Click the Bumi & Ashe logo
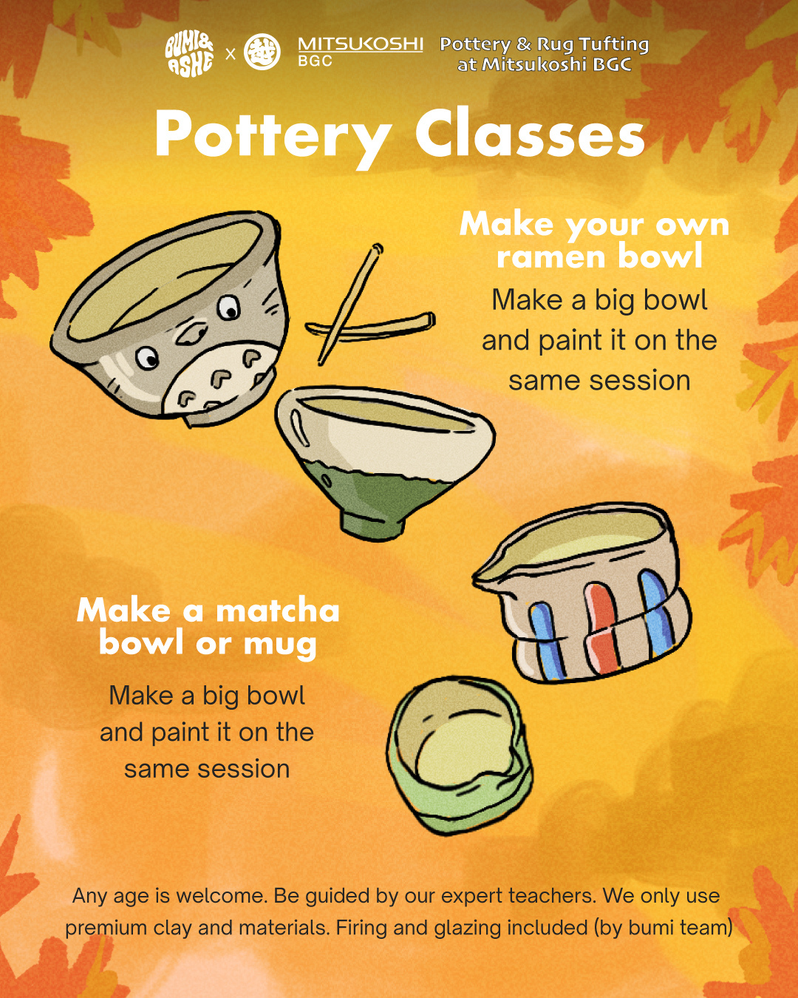coord(189,54)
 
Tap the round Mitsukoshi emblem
coord(262,52)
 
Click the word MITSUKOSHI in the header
coord(361,44)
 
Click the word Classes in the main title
coord(529,133)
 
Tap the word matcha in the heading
coord(278,611)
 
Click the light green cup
coord(459,756)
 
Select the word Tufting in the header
coord(614,44)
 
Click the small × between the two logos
coord(230,55)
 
